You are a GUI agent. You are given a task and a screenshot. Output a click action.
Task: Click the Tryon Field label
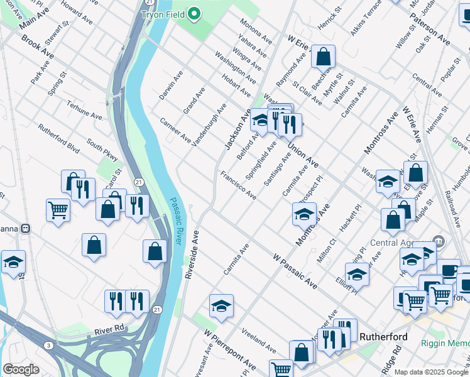(x=165, y=14)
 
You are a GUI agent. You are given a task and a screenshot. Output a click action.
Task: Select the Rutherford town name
(x=383, y=337)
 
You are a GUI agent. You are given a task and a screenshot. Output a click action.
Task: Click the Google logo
(x=21, y=369)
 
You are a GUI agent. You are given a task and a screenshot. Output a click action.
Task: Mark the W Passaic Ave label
(x=295, y=270)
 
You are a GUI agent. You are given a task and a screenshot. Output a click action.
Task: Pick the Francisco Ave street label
(x=238, y=185)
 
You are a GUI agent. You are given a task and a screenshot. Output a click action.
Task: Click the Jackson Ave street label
(x=238, y=128)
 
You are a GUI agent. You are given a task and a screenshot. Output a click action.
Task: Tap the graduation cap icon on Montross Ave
(x=304, y=214)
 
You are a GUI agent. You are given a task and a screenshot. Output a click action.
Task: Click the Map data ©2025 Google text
(x=431, y=371)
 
